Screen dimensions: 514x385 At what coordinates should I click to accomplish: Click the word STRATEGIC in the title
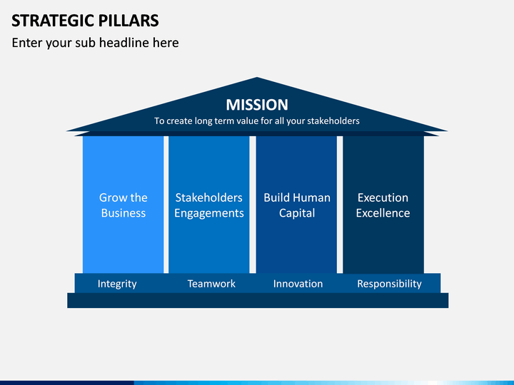click(x=52, y=21)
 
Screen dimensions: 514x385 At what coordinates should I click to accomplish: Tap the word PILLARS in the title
click(x=128, y=21)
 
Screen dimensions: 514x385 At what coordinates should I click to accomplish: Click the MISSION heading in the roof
click(x=257, y=105)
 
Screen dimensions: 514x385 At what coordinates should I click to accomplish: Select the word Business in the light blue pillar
click(x=124, y=213)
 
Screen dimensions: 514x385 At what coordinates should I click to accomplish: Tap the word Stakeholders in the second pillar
click(x=208, y=197)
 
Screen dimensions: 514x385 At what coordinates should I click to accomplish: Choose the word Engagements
click(x=208, y=213)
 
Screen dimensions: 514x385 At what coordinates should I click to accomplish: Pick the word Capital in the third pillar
click(x=297, y=213)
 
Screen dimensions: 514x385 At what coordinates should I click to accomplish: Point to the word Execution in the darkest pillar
click(x=383, y=197)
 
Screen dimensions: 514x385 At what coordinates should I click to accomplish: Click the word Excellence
click(x=383, y=213)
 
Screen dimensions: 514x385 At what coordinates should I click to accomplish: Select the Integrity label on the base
click(x=117, y=284)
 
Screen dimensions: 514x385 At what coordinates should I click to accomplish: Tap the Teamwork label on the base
click(x=211, y=284)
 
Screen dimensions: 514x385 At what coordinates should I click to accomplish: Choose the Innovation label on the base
click(x=298, y=284)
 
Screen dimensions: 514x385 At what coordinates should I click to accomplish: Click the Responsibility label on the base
click(x=390, y=284)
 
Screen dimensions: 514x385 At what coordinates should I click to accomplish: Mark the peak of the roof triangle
click(x=257, y=78)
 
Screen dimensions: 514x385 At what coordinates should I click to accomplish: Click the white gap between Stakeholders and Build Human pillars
click(x=253, y=205)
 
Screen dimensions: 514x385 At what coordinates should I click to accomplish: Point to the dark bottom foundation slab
click(x=258, y=301)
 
